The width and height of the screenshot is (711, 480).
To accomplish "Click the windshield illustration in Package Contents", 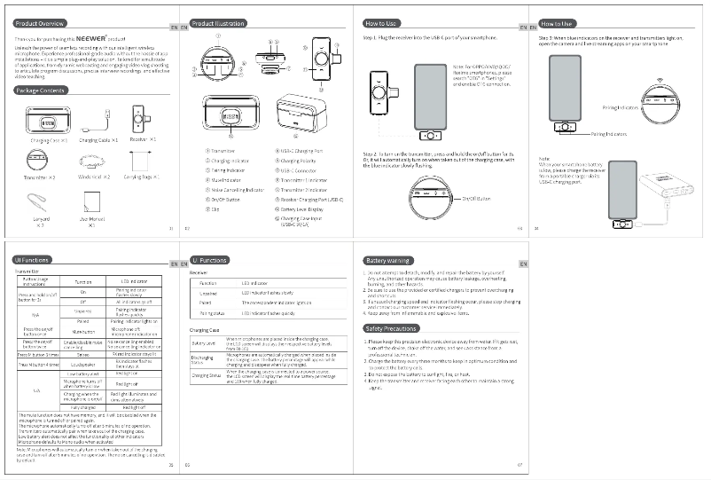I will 91,162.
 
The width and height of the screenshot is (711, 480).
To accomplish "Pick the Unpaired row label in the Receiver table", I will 208,293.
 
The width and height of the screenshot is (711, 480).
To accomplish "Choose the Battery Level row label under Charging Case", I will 204,342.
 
